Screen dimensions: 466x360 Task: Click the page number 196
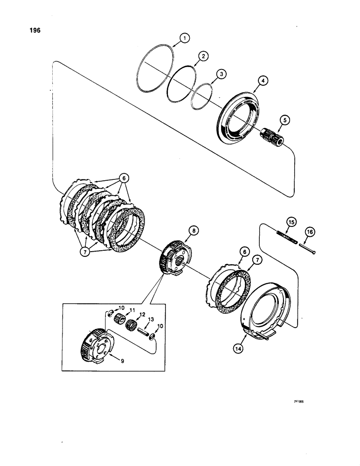[35, 31]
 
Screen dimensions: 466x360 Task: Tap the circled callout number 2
[202, 56]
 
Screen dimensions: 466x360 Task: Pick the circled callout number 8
[193, 230]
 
